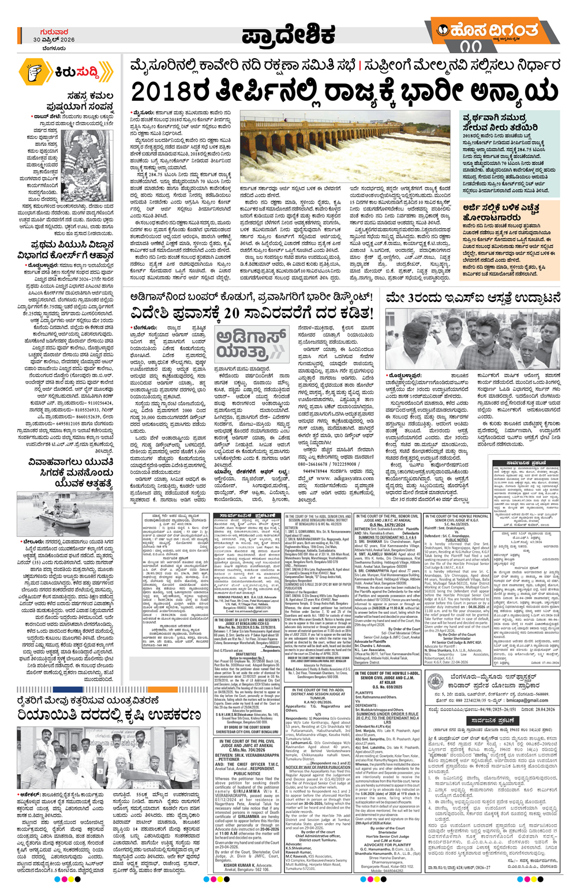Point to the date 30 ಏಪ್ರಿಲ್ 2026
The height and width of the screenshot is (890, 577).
point(54,40)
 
